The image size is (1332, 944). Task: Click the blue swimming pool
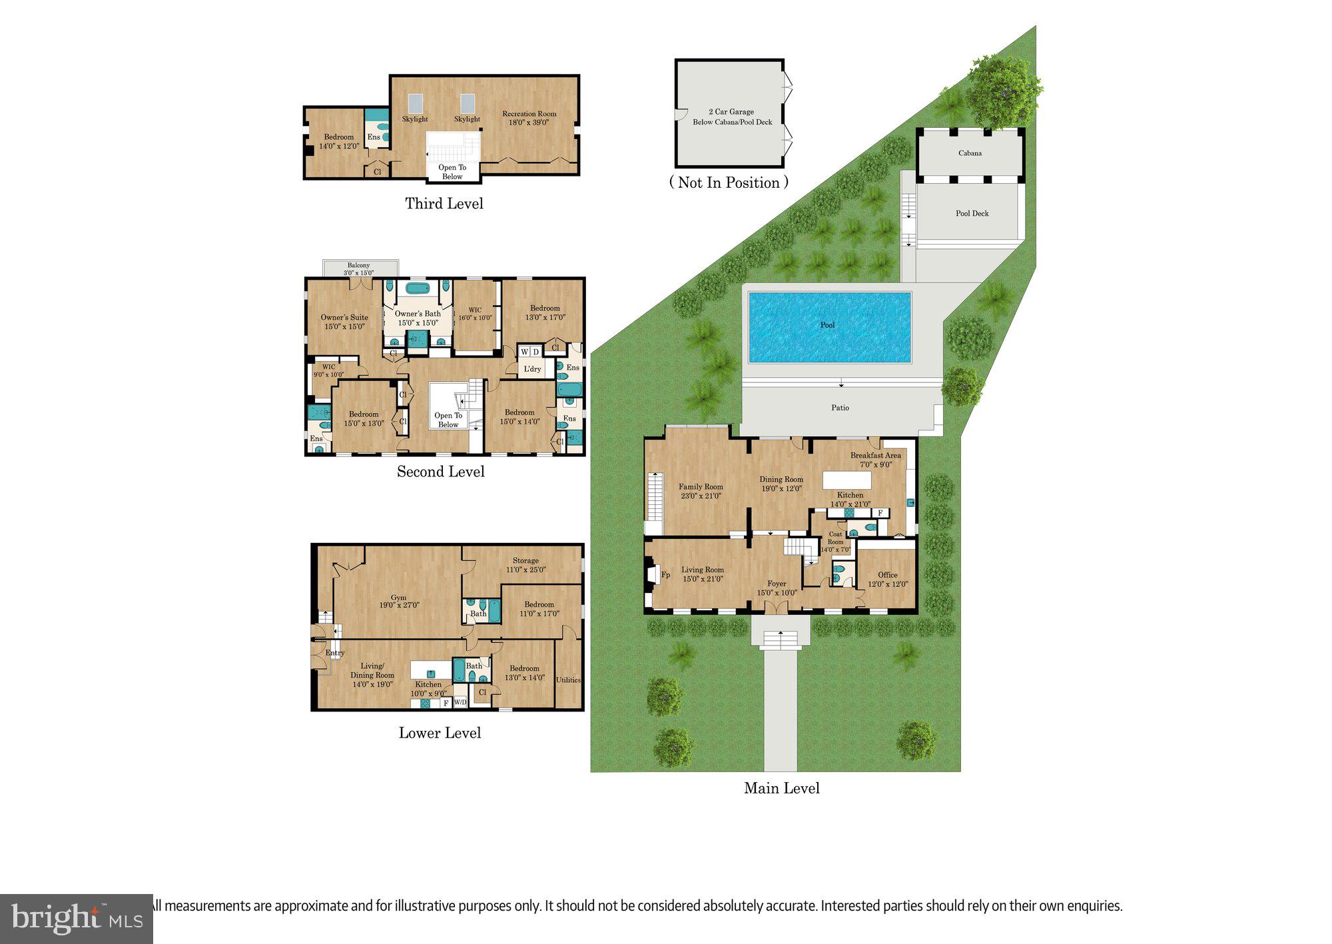pyautogui.click(x=829, y=327)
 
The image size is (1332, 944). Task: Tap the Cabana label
pyautogui.click(x=970, y=153)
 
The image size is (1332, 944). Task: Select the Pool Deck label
pyautogui.click(x=972, y=213)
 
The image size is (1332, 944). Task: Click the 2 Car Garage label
pyautogui.click(x=731, y=112)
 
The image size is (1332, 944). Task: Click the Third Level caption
pyautogui.click(x=444, y=204)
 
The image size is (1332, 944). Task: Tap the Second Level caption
pyautogui.click(x=440, y=472)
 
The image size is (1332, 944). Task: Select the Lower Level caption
pyautogui.click(x=440, y=733)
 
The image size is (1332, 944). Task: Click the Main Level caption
pyautogui.click(x=781, y=788)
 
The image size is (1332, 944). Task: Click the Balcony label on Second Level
pyautogui.click(x=358, y=266)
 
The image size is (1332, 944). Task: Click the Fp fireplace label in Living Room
pyautogui.click(x=665, y=575)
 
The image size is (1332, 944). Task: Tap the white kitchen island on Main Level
pyautogui.click(x=846, y=480)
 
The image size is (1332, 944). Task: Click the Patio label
pyautogui.click(x=840, y=408)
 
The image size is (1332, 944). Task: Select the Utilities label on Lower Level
pyautogui.click(x=568, y=680)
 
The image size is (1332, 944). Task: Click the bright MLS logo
pyautogui.click(x=77, y=919)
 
